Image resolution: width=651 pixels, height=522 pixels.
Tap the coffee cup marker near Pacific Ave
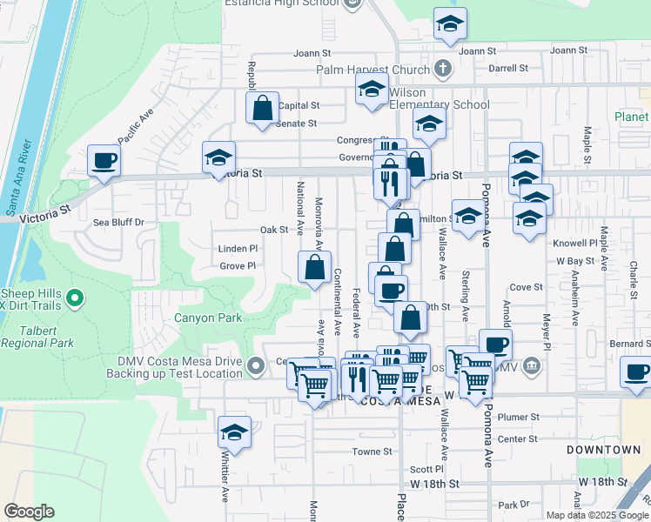point(104,160)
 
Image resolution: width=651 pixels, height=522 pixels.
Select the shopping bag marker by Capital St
point(262,109)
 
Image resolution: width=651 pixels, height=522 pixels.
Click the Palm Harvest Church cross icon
point(443,69)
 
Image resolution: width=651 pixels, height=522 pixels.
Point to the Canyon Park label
point(208,318)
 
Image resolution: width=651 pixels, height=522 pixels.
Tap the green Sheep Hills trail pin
point(75,299)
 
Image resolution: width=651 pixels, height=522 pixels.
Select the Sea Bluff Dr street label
point(118,223)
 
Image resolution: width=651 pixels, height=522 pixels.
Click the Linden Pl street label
point(238,249)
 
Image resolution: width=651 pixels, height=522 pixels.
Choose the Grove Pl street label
point(238,266)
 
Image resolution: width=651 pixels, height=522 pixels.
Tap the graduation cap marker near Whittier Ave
point(234,431)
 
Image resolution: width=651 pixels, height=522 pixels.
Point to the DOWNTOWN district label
point(603,450)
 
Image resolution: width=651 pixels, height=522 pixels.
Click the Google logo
point(29,512)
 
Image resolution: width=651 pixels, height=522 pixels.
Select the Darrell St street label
point(508,68)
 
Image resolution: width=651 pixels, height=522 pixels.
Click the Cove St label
point(526,287)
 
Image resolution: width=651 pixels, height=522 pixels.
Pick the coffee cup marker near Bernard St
point(636,371)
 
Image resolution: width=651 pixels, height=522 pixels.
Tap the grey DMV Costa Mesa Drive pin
point(255,365)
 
